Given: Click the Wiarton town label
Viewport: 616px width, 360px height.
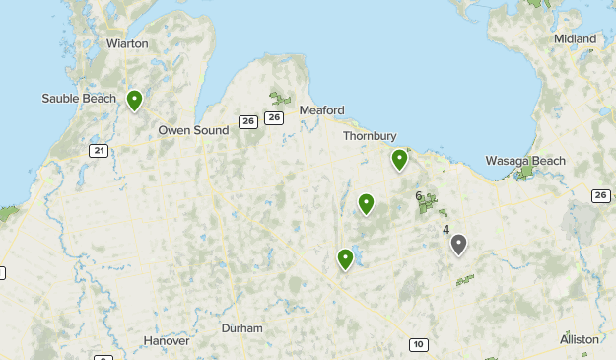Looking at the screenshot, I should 127,43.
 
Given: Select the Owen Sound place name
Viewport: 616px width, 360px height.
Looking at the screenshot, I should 193,129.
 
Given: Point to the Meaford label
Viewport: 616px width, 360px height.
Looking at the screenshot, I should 321,109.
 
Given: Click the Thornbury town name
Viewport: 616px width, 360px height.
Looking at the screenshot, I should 369,136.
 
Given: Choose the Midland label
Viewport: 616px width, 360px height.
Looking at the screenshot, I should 575,38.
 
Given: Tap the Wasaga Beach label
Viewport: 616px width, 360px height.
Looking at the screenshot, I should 525,161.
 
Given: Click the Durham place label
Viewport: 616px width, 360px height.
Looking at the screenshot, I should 242,327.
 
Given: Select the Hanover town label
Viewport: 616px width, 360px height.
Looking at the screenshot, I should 166,340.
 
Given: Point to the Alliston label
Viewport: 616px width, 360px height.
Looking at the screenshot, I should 579,339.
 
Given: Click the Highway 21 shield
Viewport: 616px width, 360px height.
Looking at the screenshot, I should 98,150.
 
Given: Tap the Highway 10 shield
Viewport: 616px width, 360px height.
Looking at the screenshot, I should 419,344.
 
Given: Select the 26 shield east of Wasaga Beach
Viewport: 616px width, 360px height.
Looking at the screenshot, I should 601,195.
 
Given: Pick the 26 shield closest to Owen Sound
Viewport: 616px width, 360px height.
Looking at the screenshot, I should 247,122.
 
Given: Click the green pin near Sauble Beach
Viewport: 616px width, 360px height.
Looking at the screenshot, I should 134,100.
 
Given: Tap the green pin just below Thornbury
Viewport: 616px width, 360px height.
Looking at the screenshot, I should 399,159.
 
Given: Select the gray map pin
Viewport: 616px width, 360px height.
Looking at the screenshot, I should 458,245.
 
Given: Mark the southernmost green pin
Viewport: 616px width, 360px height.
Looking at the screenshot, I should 345,259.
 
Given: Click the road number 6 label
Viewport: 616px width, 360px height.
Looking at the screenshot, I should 419,196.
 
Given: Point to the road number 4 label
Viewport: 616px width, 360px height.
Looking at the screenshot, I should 446,230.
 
